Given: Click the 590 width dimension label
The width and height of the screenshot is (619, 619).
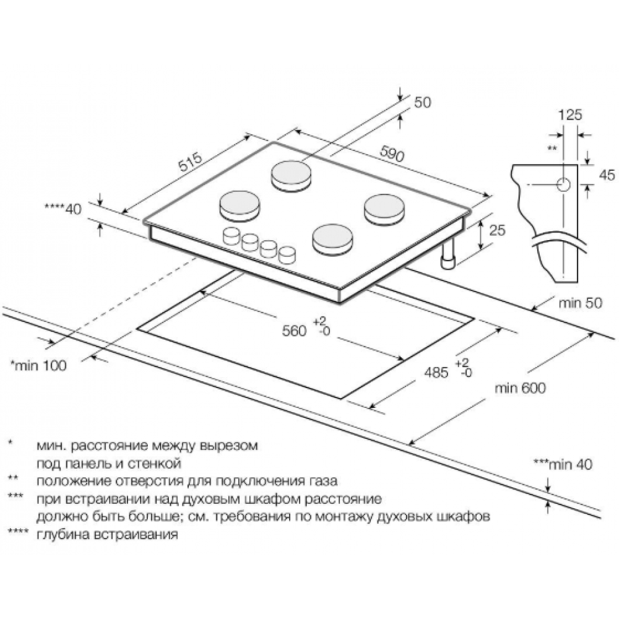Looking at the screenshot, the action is click(392, 154).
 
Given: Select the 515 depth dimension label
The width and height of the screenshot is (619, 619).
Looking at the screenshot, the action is click(190, 162).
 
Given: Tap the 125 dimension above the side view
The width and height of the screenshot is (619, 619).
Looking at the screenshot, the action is click(570, 115).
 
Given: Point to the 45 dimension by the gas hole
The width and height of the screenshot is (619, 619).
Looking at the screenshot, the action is click(607, 175).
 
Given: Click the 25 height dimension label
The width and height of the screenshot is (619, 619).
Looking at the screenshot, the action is click(497, 230).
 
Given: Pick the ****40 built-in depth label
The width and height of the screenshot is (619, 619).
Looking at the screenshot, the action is click(63, 209).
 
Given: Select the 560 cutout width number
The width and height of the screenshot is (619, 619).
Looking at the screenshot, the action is click(294, 331).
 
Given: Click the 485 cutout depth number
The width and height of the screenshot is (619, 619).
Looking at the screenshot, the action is click(436, 372).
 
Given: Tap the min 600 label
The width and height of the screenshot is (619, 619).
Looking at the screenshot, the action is click(521, 388).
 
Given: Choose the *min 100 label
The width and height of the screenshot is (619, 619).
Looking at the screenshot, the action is click(38, 365).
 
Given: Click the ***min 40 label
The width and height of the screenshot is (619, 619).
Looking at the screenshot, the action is click(563, 464).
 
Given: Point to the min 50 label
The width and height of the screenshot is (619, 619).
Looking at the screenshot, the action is click(581, 303).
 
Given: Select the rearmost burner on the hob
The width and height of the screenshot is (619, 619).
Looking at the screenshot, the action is click(291, 176).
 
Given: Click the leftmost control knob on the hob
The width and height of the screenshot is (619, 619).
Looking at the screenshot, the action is click(231, 236).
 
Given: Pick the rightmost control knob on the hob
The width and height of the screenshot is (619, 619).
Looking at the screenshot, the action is click(287, 255).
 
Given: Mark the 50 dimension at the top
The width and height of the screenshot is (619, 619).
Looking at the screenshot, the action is click(422, 102).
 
